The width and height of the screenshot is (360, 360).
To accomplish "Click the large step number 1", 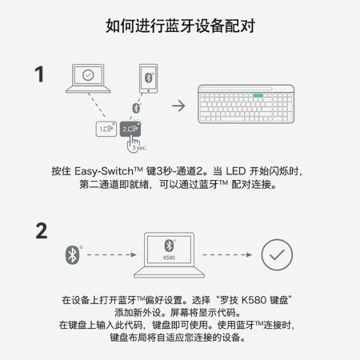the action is [x=39, y=74].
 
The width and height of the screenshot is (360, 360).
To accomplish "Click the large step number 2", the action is [x=42, y=231].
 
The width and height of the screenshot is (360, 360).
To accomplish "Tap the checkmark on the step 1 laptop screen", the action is [x=88, y=75].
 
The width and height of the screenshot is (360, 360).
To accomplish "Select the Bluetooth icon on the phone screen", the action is [x=149, y=78].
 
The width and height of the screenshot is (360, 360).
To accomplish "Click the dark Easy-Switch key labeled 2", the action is [x=130, y=129].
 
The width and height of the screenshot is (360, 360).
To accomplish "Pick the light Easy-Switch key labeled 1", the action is [x=106, y=129].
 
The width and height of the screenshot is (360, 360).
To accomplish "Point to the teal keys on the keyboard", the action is [x=258, y=95].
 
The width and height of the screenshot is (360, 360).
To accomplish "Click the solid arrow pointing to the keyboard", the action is [x=178, y=106].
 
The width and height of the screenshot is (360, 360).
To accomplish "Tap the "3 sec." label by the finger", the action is [x=139, y=147].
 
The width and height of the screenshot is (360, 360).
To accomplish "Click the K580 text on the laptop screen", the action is [x=169, y=258].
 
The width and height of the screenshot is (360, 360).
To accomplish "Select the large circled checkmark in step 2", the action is [x=277, y=254].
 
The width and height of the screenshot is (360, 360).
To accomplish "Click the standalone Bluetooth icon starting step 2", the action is [x=72, y=255].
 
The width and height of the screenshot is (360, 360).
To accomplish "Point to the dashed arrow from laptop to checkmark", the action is [x=227, y=254].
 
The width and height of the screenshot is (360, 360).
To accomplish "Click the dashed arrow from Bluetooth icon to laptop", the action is [x=112, y=254].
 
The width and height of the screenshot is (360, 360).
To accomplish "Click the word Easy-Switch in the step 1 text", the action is [x=104, y=171].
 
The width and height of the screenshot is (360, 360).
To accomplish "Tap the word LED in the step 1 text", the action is [x=236, y=171].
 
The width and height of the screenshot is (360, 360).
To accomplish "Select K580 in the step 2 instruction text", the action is [x=254, y=300].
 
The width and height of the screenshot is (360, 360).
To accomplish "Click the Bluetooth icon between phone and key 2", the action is [x=136, y=108].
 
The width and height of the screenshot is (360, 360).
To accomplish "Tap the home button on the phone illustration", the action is [x=149, y=91].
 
